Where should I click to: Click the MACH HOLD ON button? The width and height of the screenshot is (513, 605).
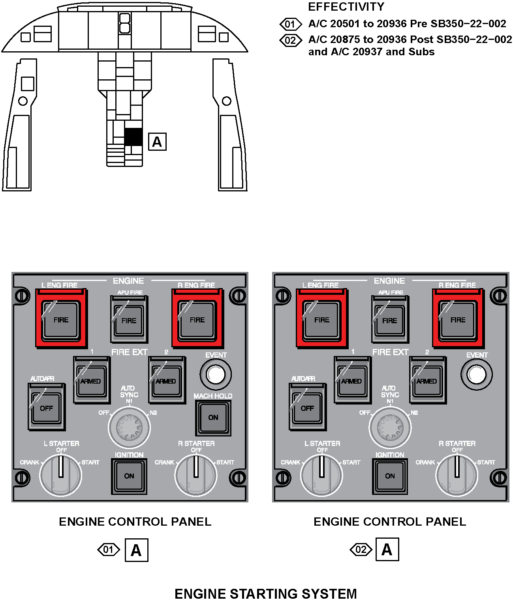pos(213,418)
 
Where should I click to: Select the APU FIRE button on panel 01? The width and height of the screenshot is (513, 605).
pos(129,320)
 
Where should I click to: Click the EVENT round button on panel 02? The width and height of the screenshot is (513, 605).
pos(476,374)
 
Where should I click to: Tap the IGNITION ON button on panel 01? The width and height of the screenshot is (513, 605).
pos(129,476)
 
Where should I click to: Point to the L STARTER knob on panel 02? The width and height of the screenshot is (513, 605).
pos(321,474)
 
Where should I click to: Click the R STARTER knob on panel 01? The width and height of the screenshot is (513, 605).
pos(195,474)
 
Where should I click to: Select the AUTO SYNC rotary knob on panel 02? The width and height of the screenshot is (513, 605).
pos(390,427)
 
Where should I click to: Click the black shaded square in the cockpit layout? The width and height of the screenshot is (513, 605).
pos(133,137)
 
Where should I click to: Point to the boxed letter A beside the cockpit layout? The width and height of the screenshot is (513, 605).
pos(157,142)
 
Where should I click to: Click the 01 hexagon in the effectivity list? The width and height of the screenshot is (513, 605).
pos(290,24)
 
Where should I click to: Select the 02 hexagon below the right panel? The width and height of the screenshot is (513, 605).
pos(361,549)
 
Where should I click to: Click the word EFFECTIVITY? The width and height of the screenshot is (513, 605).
pos(346,7)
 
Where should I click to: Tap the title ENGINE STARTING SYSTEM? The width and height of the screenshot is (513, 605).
pos(265,594)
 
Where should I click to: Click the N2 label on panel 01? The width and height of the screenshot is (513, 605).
pos(153,413)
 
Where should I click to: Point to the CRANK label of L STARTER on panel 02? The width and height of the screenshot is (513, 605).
pos(290,462)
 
